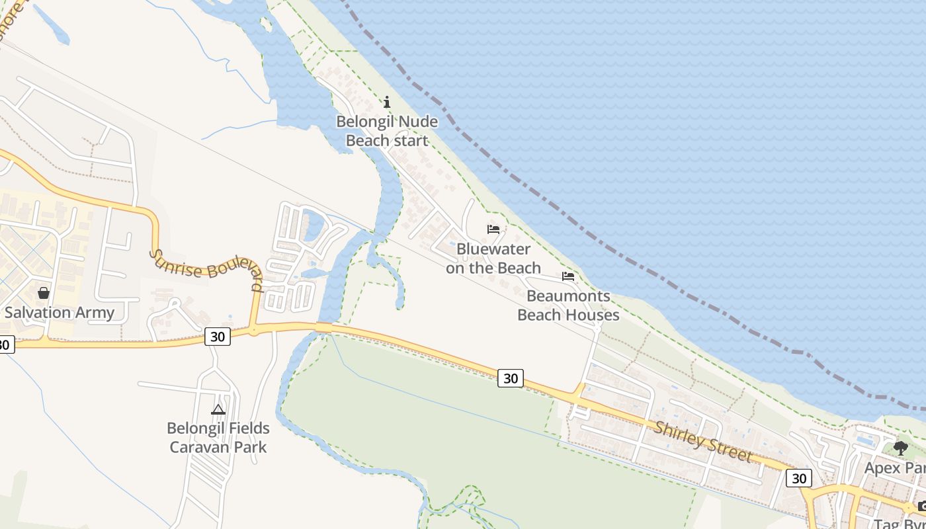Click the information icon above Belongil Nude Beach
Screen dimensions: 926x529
pyautogui.click(x=387, y=102)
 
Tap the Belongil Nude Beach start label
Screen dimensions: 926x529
pyautogui.click(x=387, y=131)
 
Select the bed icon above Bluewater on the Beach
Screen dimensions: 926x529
pyautogui.click(x=493, y=229)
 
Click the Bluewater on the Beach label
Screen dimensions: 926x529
pyautogui.click(x=493, y=259)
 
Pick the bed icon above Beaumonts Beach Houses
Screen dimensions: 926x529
pyautogui.click(x=568, y=276)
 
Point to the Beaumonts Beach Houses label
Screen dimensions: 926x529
pyautogui.click(x=568, y=305)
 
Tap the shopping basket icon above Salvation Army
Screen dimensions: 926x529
pyautogui.click(x=44, y=292)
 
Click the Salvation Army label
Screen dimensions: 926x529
pyautogui.click(x=60, y=312)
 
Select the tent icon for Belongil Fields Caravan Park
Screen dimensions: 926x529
pyautogui.click(x=218, y=409)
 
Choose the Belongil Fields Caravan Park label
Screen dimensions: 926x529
pyautogui.click(x=218, y=437)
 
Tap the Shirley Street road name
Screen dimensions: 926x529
pyautogui.click(x=703, y=441)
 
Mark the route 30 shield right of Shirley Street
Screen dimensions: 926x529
pyautogui.click(x=799, y=477)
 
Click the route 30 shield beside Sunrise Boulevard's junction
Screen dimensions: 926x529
pyautogui.click(x=217, y=337)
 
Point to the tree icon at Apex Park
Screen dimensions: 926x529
pyautogui.click(x=900, y=448)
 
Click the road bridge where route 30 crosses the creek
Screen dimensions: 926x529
pyautogui.click(x=323, y=327)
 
